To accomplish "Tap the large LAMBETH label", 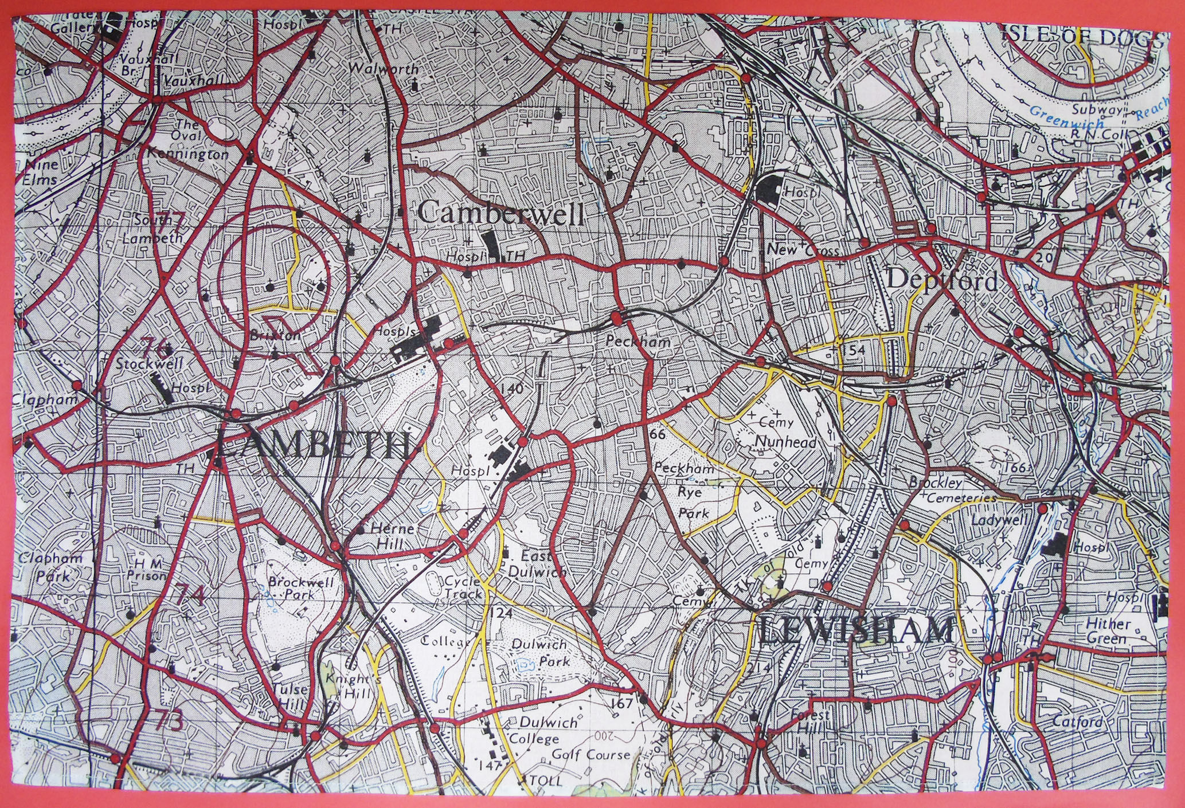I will click(314, 446).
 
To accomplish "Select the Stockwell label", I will click(148, 363).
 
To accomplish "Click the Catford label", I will click(1077, 722).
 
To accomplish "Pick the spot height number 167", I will click(621, 703).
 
